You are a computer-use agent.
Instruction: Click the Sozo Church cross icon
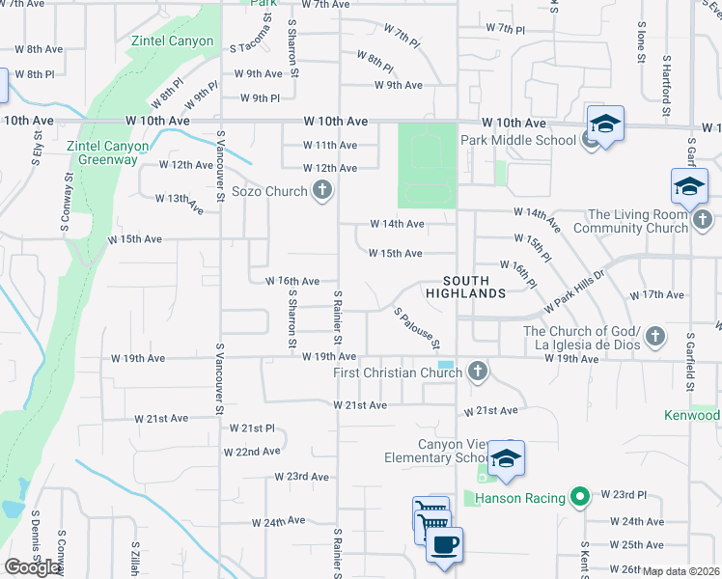(321, 192)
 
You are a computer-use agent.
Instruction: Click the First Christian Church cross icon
(476, 372)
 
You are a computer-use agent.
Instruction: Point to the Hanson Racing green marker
(579, 498)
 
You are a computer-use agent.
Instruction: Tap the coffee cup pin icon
(443, 545)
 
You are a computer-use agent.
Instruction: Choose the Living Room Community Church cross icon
(704, 223)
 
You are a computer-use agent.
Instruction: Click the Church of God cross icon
(655, 337)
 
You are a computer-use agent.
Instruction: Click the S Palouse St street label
(417, 329)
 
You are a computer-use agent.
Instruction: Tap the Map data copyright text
(681, 571)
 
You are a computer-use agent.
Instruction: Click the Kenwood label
(692, 416)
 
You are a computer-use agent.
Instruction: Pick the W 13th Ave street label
(180, 203)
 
